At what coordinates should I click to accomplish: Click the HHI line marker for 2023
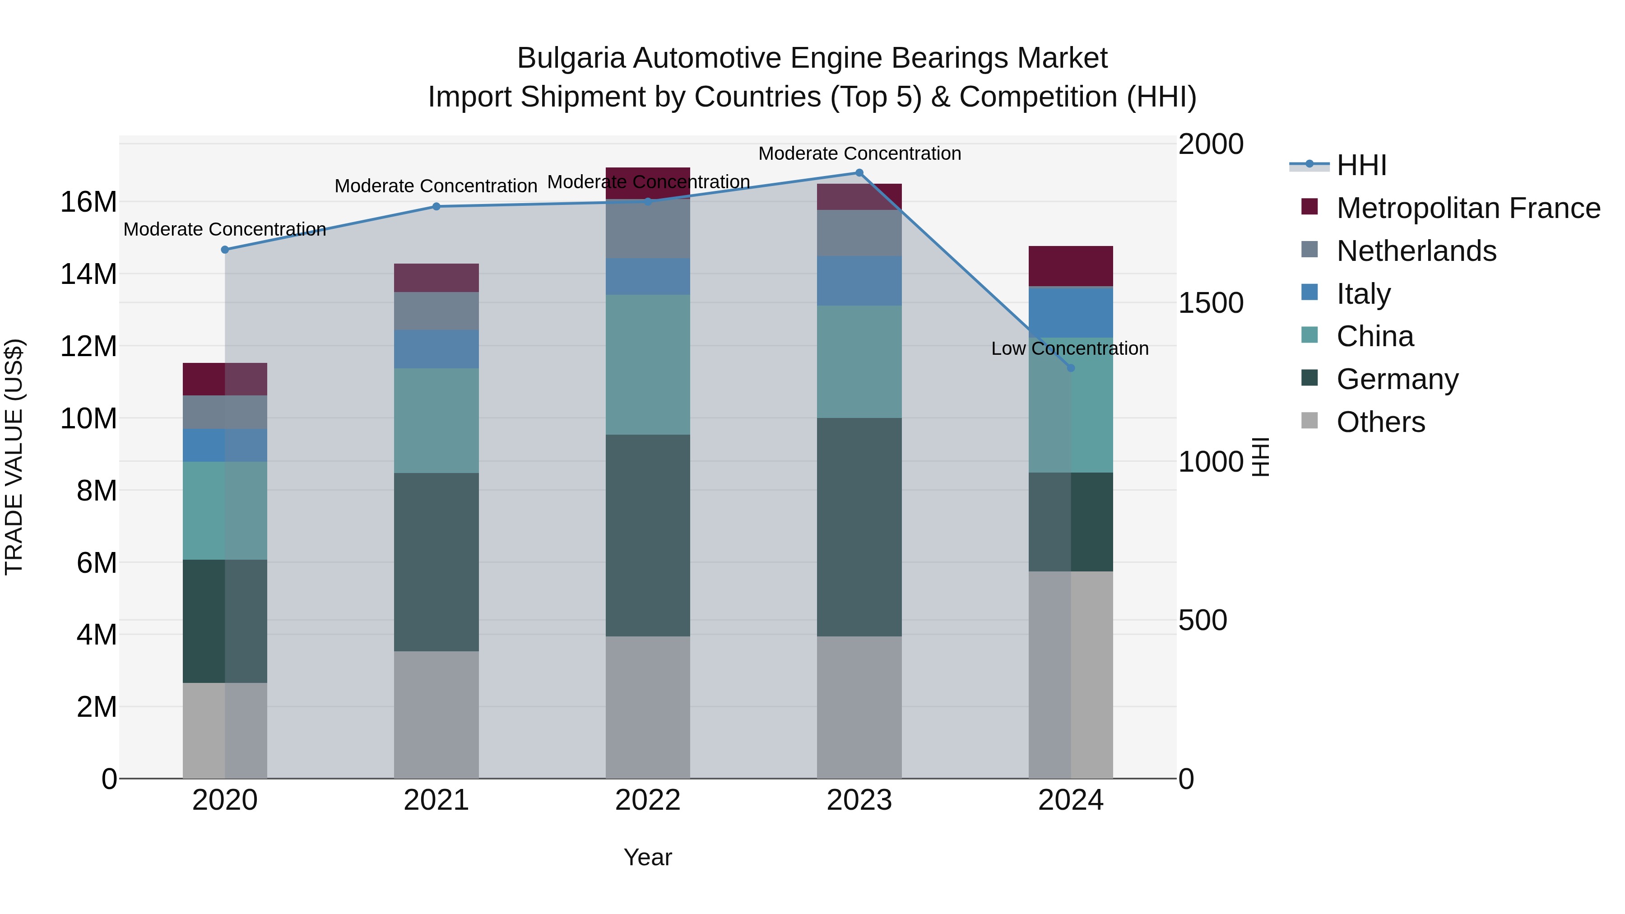click(859, 173)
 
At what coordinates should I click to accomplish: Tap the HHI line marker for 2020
click(225, 250)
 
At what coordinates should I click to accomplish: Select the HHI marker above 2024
click(1071, 368)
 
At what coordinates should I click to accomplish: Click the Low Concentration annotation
click(1070, 349)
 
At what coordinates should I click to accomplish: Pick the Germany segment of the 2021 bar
click(436, 562)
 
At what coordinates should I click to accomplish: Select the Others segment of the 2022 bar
click(648, 707)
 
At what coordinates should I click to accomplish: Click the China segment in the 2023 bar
click(859, 362)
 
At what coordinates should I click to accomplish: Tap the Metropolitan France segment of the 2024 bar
click(1071, 266)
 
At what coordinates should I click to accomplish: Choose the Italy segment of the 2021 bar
click(436, 349)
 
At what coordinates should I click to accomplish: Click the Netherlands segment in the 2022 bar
click(648, 229)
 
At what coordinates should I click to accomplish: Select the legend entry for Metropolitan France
click(1468, 208)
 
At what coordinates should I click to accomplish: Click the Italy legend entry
click(1363, 294)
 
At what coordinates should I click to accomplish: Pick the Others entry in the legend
click(1380, 422)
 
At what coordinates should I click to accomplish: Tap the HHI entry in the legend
click(1361, 165)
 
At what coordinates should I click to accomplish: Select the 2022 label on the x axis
click(648, 800)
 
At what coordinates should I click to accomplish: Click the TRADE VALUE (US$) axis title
click(14, 457)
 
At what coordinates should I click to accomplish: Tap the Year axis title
click(648, 857)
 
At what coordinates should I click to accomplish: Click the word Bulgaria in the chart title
click(571, 58)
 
